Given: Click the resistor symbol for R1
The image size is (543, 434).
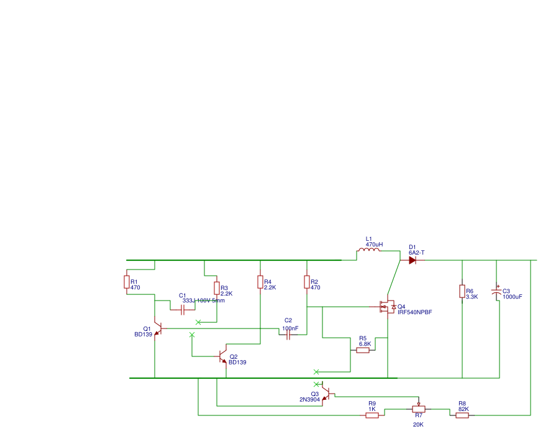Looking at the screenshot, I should [127, 283].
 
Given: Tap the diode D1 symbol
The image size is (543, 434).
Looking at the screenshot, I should [413, 260].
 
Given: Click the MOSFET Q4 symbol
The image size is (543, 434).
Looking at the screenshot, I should [385, 306].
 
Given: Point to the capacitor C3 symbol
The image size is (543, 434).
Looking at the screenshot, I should [496, 292].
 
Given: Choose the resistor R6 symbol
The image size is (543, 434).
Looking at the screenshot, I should [462, 291].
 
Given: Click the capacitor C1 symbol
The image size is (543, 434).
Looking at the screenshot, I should [183, 309].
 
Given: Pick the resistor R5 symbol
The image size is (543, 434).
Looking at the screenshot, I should [363, 350].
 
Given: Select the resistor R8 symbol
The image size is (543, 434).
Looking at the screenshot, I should [462, 415].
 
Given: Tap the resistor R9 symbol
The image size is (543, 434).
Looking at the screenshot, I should [372, 415].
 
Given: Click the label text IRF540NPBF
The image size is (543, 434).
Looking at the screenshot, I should [414, 312].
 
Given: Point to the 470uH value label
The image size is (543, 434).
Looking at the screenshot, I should [374, 245].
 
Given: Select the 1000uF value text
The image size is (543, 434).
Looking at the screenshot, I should [512, 297].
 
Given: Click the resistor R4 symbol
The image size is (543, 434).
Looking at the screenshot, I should [260, 283].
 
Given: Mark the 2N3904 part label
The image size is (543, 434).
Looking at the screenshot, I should [309, 400].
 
